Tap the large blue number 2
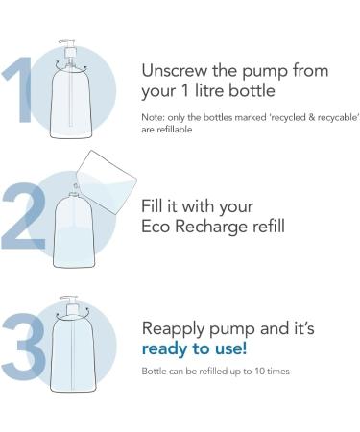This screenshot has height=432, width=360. (x=24, y=218)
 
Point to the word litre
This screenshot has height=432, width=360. (x=207, y=90)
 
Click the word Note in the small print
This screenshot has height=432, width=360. (x=153, y=117)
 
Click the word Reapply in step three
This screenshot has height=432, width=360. (x=174, y=329)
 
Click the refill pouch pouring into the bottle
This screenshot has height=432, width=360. (x=108, y=181)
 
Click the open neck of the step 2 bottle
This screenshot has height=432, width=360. (x=74, y=193)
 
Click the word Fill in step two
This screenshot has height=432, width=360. (x=152, y=206)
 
